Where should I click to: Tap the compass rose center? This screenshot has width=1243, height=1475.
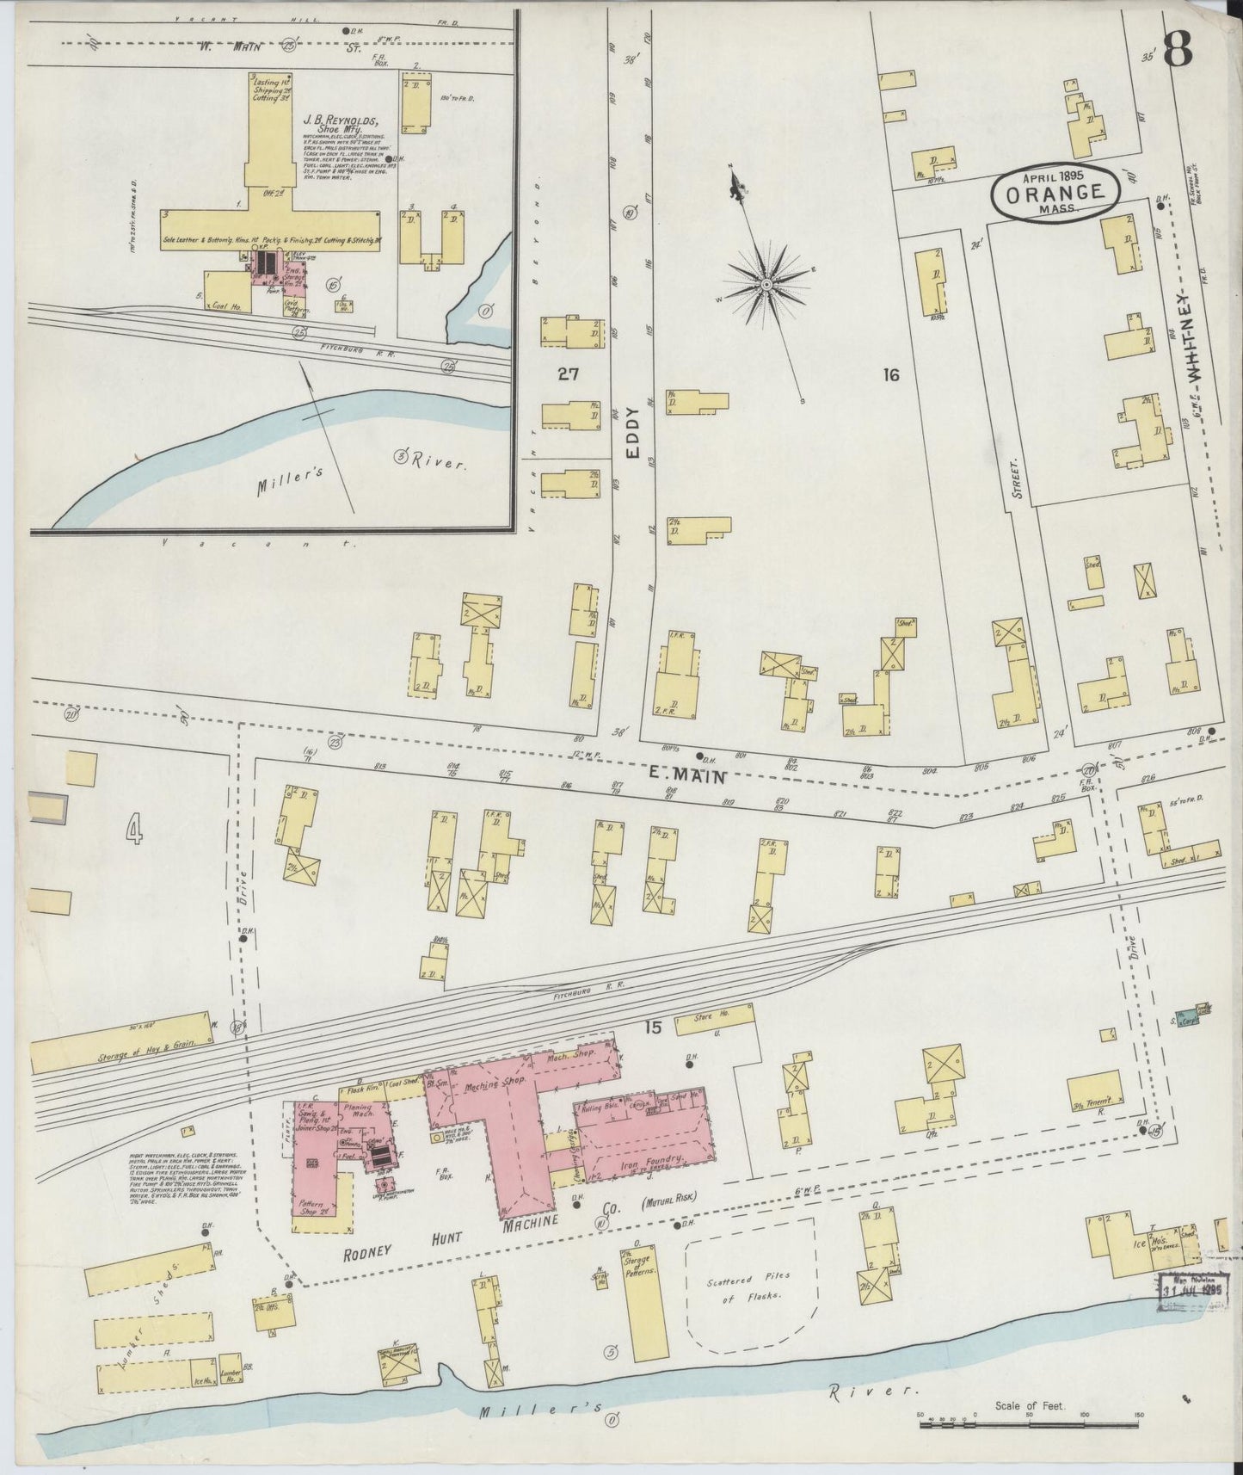pos(765,283)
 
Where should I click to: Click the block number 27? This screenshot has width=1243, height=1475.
pos(568,373)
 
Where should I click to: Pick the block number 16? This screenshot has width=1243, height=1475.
pos(890,374)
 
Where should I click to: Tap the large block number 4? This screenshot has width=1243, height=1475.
pos(134,831)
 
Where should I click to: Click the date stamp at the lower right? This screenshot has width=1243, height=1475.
pos(1193,1290)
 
